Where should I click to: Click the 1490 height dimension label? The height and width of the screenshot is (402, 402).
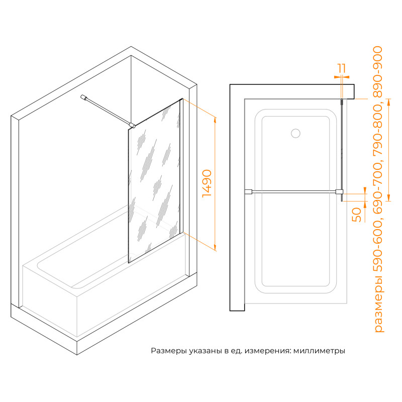pyautogui.click(x=207, y=183)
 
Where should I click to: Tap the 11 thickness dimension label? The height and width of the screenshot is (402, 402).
pyautogui.click(x=342, y=68)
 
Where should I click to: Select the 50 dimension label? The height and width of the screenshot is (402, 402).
pyautogui.click(x=357, y=215)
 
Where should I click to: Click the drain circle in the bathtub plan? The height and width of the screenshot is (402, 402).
pyautogui.click(x=295, y=133)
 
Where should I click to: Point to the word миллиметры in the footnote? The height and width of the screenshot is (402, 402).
pyautogui.click(x=319, y=350)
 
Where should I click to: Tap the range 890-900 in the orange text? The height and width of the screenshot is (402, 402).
pyautogui.click(x=378, y=72)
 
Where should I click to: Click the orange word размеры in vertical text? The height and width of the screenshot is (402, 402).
pyautogui.click(x=379, y=304)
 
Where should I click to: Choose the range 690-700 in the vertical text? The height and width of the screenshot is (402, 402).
pyautogui.click(x=378, y=188)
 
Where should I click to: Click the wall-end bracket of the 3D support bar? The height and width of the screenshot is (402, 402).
pyautogui.click(x=83, y=97)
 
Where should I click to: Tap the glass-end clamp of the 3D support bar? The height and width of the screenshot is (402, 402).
pyautogui.click(x=133, y=125)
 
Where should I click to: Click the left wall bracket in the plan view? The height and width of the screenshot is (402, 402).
pyautogui.click(x=248, y=192)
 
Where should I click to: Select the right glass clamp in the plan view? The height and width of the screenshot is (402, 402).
pyautogui.click(x=339, y=192)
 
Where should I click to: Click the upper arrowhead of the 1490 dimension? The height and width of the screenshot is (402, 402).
pyautogui.click(x=215, y=120)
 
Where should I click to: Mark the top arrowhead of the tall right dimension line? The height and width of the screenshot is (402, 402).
pyautogui.click(x=388, y=102)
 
